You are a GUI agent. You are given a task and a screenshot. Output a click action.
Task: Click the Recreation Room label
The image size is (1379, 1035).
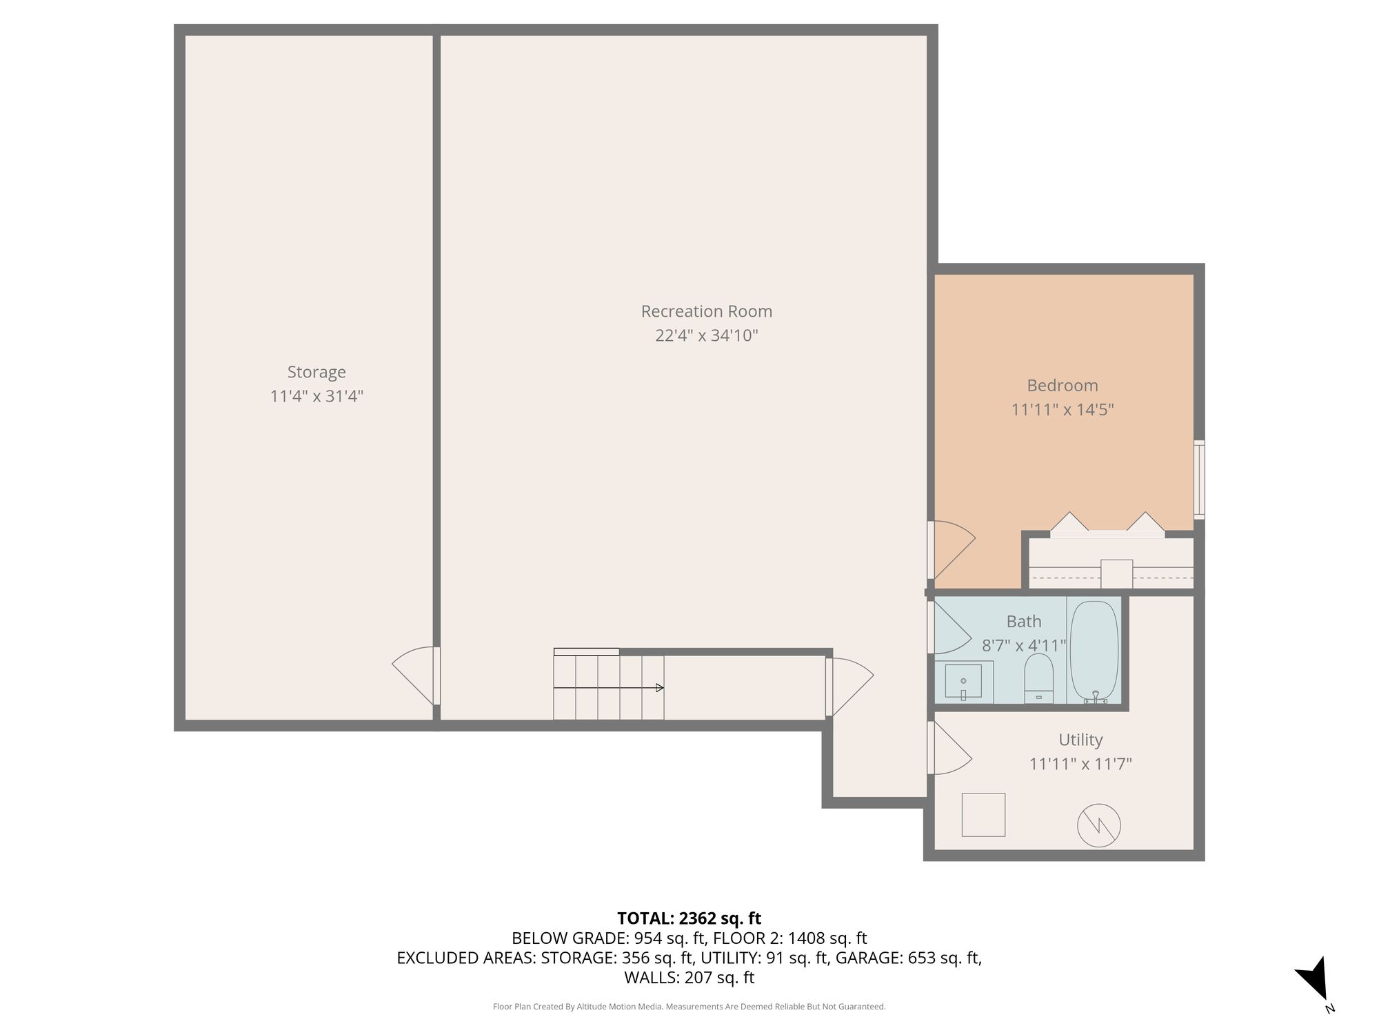(x=707, y=311)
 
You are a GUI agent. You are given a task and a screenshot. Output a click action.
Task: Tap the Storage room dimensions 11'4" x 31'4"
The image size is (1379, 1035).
(x=316, y=396)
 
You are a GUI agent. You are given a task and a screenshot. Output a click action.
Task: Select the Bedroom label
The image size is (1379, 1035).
(x=1063, y=385)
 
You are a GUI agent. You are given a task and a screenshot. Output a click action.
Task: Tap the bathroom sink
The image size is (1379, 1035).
(x=963, y=682)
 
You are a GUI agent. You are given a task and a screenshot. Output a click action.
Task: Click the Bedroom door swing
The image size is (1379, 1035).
(x=952, y=550)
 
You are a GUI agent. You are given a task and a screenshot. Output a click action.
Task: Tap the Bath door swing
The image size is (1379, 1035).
(x=949, y=627)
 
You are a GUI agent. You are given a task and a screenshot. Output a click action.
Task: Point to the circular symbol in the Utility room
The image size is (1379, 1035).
(x=1099, y=826)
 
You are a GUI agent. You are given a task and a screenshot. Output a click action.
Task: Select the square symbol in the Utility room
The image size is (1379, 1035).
(x=984, y=815)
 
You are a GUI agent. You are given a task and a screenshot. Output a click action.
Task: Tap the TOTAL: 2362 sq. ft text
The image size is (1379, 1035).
(x=689, y=918)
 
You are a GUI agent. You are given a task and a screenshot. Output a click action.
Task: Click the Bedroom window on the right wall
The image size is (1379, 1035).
(x=1200, y=480)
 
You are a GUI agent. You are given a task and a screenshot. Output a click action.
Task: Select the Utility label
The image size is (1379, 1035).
(x=1080, y=740)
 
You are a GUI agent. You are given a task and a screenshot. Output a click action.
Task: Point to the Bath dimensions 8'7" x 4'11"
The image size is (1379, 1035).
(x=1024, y=646)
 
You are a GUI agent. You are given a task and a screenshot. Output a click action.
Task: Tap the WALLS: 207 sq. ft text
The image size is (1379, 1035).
(x=689, y=978)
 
